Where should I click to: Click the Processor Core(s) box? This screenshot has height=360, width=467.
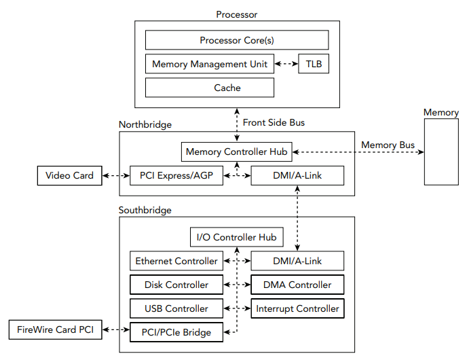[x=237, y=40]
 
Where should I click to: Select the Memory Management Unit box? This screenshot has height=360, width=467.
[x=210, y=65]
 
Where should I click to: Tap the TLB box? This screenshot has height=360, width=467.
[x=314, y=65]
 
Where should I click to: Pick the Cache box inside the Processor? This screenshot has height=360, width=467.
[x=210, y=88]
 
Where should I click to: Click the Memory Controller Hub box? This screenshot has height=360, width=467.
[x=236, y=151]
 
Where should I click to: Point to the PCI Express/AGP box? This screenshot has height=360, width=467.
[x=176, y=176]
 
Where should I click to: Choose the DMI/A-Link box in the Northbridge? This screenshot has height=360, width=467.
[x=297, y=176]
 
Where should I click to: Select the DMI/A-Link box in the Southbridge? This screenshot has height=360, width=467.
[x=297, y=261]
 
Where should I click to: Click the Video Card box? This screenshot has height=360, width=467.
[x=69, y=176]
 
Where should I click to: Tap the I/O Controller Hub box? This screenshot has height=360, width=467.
[x=236, y=237]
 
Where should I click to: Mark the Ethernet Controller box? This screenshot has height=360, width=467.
[x=176, y=261]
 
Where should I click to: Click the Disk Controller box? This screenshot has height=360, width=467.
[x=176, y=285]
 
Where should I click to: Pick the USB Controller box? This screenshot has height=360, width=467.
[x=176, y=308]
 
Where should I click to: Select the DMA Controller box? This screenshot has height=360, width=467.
[x=297, y=285]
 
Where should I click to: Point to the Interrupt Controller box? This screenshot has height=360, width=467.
[x=297, y=308]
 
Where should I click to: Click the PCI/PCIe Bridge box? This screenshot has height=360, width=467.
[x=176, y=332]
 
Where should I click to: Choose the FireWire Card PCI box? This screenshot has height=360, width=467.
[x=56, y=331]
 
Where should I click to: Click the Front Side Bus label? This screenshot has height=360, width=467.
[x=274, y=123]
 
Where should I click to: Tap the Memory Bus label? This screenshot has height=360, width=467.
[x=388, y=145]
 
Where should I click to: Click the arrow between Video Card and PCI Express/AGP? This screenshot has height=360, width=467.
[x=116, y=176]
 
